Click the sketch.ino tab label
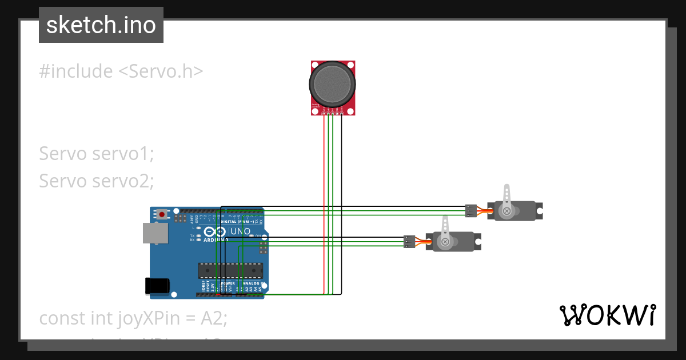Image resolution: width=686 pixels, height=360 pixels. click(101, 25)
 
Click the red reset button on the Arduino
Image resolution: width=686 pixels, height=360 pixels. click(162, 214)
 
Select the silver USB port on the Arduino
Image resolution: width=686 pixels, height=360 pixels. click(155, 233)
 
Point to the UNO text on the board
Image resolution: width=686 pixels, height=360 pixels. click(240, 231)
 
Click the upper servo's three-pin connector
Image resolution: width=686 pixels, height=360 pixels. click(470, 211)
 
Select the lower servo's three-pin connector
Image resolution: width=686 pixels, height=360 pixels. click(409, 242)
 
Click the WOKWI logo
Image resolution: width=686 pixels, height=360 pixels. click(607, 315)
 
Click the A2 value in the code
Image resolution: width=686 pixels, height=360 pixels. click(213, 318)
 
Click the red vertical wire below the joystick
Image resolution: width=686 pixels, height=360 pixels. click(324, 200)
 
